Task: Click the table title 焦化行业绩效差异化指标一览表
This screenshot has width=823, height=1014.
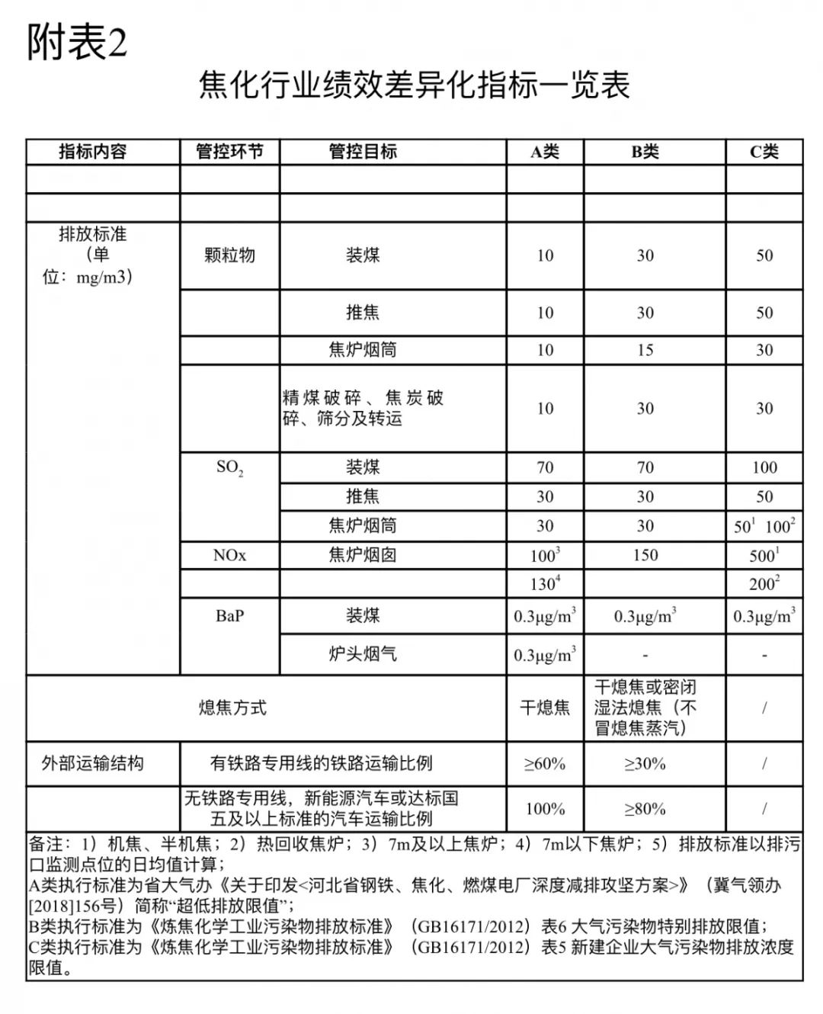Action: pyautogui.click(x=414, y=85)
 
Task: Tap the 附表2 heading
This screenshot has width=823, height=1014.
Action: pyautogui.click(x=77, y=43)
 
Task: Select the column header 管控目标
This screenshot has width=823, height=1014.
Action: pyautogui.click(x=363, y=152)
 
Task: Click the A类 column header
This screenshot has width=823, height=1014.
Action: pyautogui.click(x=545, y=152)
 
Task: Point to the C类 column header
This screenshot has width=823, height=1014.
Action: pyautogui.click(x=764, y=152)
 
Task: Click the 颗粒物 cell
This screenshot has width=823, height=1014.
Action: pyautogui.click(x=229, y=255)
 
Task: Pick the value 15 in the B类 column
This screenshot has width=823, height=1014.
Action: pyautogui.click(x=645, y=350)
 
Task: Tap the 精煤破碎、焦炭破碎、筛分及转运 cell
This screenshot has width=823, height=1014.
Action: pyautogui.click(x=363, y=408)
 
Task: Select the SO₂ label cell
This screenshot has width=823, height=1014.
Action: pyautogui.click(x=229, y=467)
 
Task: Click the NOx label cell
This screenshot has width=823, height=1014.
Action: pyautogui.click(x=229, y=555)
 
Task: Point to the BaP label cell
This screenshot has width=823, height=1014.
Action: pyautogui.click(x=229, y=615)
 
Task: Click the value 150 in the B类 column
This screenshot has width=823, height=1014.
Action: pyautogui.click(x=645, y=555)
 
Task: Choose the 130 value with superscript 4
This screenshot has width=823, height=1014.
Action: pyautogui.click(x=545, y=584)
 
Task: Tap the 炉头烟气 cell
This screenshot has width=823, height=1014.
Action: pyautogui.click(x=363, y=654)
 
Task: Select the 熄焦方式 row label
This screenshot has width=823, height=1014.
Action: pyautogui.click(x=232, y=708)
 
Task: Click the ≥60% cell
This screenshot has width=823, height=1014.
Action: pyautogui.click(x=545, y=763)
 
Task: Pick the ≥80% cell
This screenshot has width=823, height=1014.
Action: pyautogui.click(x=645, y=808)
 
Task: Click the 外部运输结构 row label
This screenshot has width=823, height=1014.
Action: pyautogui.click(x=93, y=763)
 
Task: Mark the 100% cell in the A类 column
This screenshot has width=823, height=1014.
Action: pyautogui.click(x=545, y=808)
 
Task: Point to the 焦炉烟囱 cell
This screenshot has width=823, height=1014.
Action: pyautogui.click(x=363, y=555)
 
